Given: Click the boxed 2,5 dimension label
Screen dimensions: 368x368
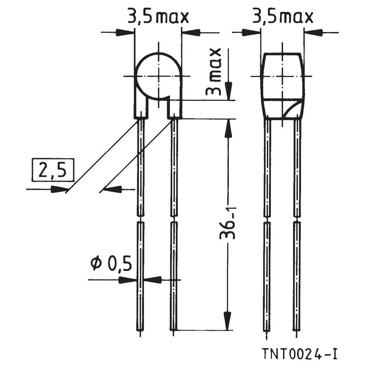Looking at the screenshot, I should pos(53,170).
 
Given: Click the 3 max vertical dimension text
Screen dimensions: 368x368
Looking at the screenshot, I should pos(215,72).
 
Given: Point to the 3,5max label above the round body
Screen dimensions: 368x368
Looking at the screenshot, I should pos(158,17).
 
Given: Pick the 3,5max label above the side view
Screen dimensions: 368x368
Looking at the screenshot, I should pos(282,17).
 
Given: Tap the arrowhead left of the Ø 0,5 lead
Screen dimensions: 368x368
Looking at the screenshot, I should pos(127,280).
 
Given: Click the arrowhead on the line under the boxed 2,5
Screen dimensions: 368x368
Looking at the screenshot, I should pos(58,190).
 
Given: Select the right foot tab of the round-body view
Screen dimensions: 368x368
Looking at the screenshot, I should pos(174,109).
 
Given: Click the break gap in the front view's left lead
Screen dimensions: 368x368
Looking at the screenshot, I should pos(141,219).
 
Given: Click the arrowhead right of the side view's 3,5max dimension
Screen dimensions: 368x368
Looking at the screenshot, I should pos(313,32).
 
